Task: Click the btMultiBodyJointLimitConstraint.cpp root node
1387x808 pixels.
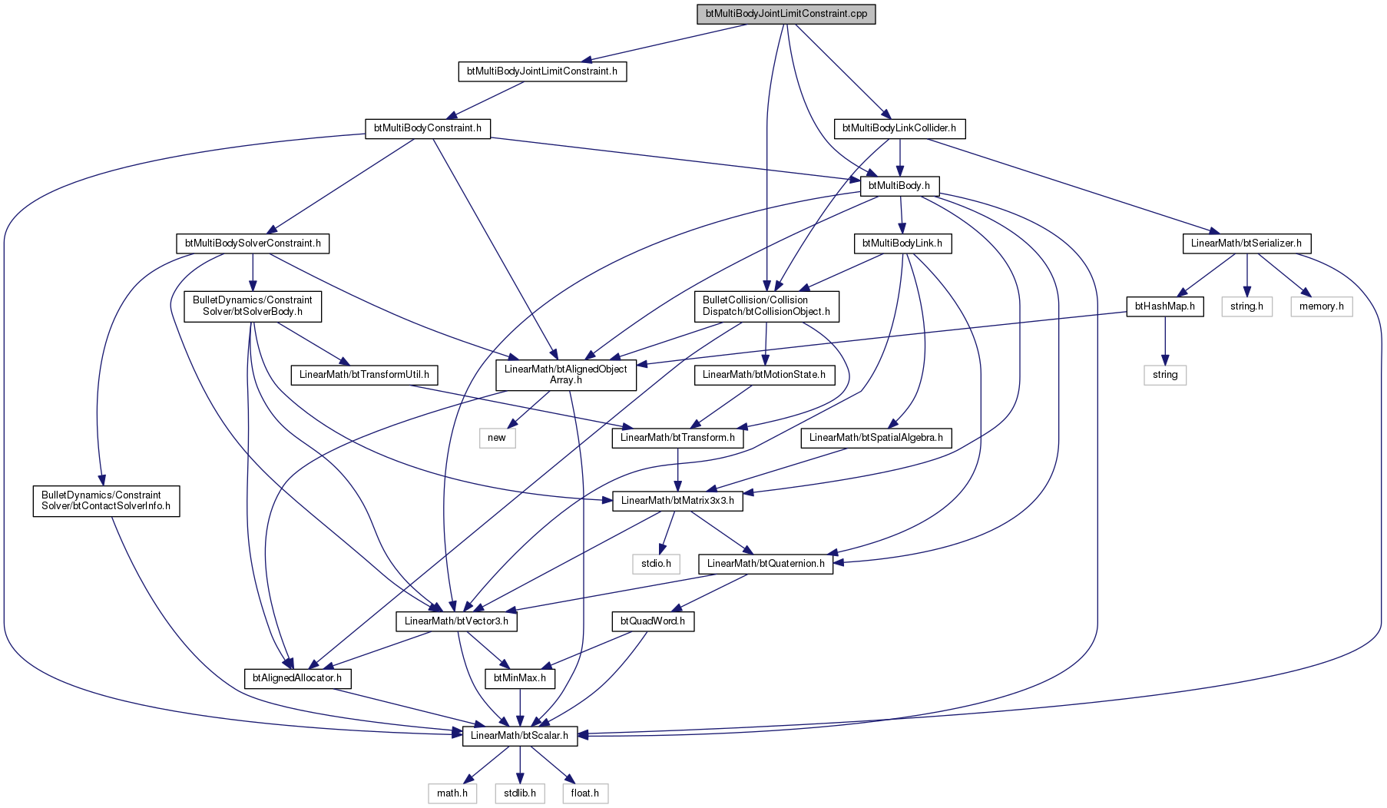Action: click(x=786, y=15)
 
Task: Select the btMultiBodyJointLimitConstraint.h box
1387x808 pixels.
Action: click(x=542, y=71)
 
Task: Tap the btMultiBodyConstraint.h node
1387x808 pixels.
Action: click(x=428, y=128)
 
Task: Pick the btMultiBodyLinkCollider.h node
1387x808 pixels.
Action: click(x=899, y=128)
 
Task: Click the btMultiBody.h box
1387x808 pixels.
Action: click(x=900, y=186)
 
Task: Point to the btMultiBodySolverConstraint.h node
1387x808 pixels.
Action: click(x=253, y=243)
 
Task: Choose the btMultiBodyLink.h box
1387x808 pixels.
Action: click(x=902, y=243)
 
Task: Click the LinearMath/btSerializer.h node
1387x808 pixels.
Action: click(x=1246, y=243)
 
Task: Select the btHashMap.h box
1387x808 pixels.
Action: click(x=1165, y=306)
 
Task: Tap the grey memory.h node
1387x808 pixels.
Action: click(x=1322, y=306)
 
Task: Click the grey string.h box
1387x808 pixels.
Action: click(x=1246, y=306)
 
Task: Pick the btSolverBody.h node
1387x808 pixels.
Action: click(x=253, y=306)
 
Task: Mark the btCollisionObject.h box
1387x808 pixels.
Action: click(x=766, y=306)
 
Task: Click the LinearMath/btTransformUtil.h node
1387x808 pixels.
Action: click(x=364, y=375)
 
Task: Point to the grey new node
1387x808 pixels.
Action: click(x=497, y=438)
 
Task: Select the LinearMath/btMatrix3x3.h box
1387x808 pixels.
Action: click(x=677, y=501)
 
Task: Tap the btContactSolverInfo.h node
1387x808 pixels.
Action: click(x=106, y=501)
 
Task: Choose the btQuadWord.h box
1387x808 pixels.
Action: click(x=653, y=621)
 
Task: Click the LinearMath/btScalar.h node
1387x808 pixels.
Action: click(x=519, y=736)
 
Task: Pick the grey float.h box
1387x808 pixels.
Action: click(x=585, y=793)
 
